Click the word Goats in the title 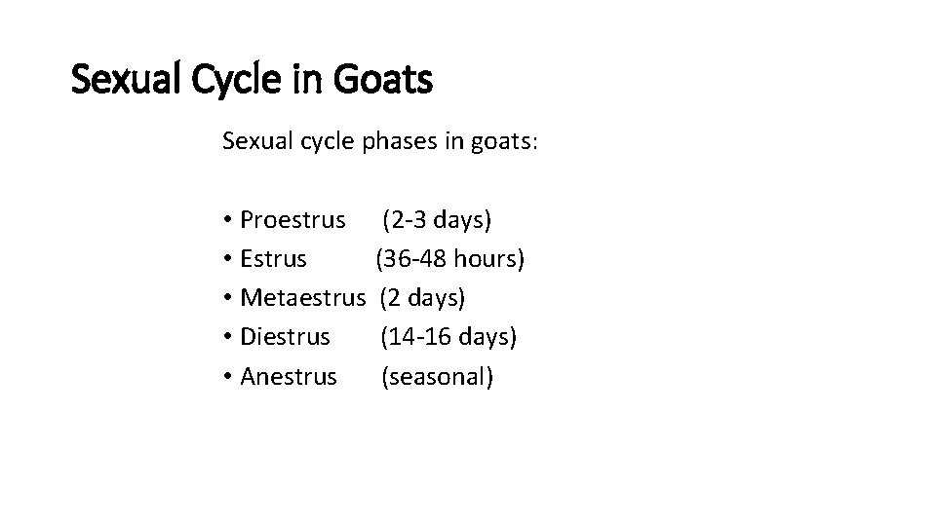[383, 80]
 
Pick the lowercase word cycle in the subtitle [326, 142]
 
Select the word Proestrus [292, 220]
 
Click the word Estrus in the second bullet [273, 259]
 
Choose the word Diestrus [285, 337]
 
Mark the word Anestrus [288, 376]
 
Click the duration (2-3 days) [437, 220]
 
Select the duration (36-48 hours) [450, 259]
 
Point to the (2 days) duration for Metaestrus [422, 298]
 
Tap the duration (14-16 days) [448, 337]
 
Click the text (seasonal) [437, 376]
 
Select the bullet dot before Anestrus [227, 377]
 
